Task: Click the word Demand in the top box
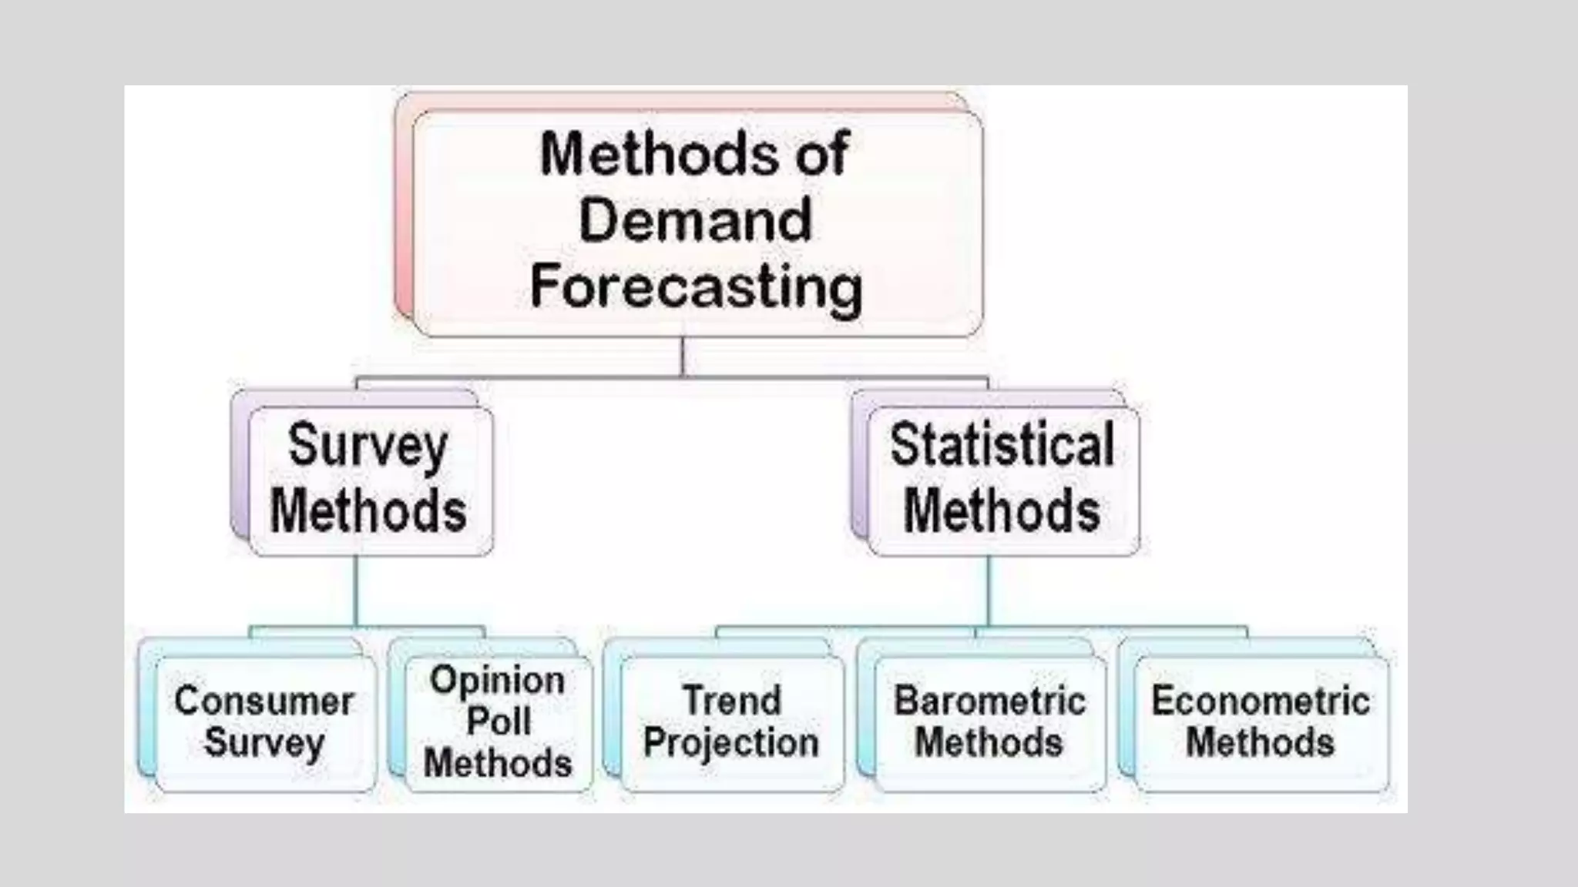click(x=695, y=220)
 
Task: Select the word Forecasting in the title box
click(x=697, y=288)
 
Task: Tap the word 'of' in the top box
click(x=822, y=154)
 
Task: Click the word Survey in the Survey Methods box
click(x=368, y=447)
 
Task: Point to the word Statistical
click(x=1002, y=445)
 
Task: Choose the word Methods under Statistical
click(x=1002, y=511)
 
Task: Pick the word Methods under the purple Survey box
click(x=368, y=511)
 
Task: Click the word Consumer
click(x=264, y=701)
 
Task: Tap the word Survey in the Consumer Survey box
click(x=264, y=743)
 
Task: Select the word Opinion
click(x=498, y=681)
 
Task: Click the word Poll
click(x=499, y=721)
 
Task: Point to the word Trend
click(x=732, y=701)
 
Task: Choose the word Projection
click(x=731, y=743)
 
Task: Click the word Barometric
click(x=990, y=701)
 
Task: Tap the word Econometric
click(x=1261, y=701)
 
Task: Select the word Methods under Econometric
click(x=1261, y=743)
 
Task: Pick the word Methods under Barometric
click(x=989, y=743)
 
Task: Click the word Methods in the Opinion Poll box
click(x=498, y=763)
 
